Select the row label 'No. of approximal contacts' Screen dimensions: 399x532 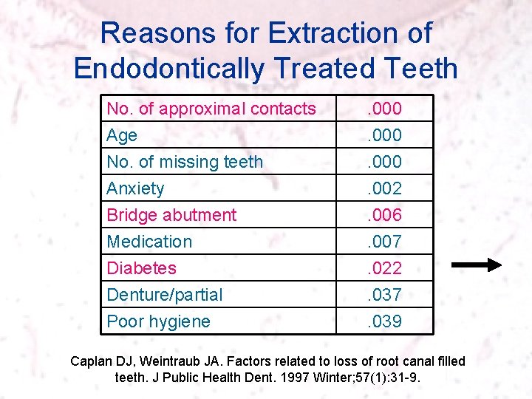pos(211,109)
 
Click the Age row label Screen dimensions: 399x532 pos(122,135)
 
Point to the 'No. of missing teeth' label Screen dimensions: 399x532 pos(185,162)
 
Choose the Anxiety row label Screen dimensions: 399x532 pos(135,188)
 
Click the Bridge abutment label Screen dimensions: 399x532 pos(171,215)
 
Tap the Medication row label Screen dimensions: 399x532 pos(149,242)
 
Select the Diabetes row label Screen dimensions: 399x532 pos(142,268)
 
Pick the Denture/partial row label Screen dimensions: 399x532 pos(164,295)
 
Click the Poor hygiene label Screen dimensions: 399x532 pos(158,321)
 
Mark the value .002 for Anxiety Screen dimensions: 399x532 pos(384,188)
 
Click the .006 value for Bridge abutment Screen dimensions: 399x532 pos(384,215)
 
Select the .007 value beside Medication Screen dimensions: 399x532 pos(384,242)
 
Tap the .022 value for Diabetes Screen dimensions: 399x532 pos(384,268)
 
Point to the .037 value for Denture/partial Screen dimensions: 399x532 pos(384,295)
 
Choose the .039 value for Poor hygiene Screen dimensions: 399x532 pos(384,321)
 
